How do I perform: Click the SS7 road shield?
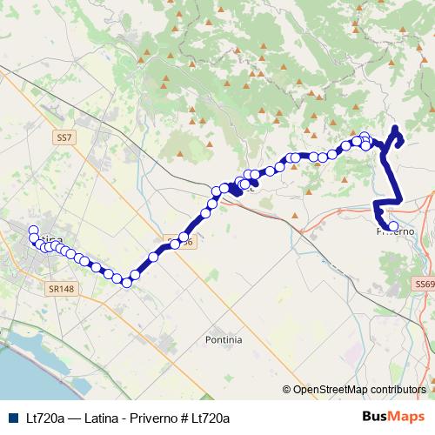[63, 137]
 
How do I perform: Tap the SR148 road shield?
[58, 285]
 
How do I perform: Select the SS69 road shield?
[425, 284]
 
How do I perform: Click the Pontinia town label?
[224, 338]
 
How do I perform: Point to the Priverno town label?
[396, 232]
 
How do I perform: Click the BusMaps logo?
[394, 417]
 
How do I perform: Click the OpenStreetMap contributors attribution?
[361, 390]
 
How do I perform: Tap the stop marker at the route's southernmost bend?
[126, 282]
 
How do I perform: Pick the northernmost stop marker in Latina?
[34, 231]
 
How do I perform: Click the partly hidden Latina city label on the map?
[50, 239]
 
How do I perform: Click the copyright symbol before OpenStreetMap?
[286, 390]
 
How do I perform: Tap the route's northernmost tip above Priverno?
[396, 130]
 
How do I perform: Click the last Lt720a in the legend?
[211, 418]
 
